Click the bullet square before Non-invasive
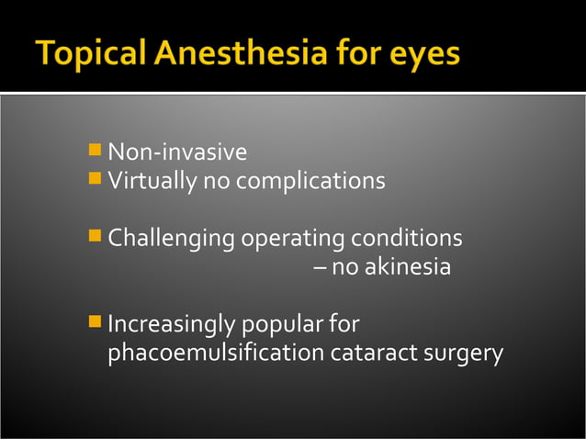96,148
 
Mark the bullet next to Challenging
96,235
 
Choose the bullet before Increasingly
96,321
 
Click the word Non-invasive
177,152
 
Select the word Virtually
152,181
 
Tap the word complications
310,181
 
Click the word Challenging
172,240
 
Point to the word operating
290,240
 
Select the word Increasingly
172,326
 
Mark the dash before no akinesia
319,268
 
